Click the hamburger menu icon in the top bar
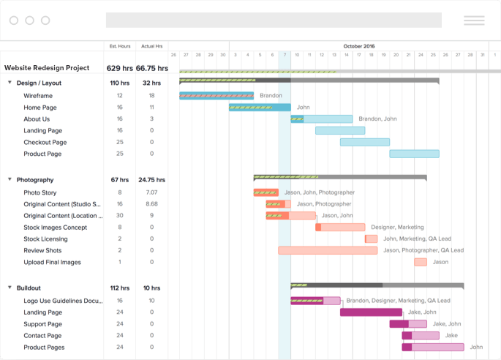tap(474, 20)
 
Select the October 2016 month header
tap(358, 46)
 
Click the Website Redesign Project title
tap(47, 68)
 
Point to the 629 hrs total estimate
tap(119, 68)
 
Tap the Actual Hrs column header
tap(152, 46)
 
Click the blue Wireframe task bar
tap(216, 95)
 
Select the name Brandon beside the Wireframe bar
tap(271, 95)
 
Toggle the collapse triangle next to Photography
tap(10, 179)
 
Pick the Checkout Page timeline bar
tap(364, 142)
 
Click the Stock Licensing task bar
tap(371, 239)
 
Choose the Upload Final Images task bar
tap(421, 262)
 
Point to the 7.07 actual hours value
tap(151, 192)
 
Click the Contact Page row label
tap(42, 336)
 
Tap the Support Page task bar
tap(408, 324)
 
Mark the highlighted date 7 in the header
tap(285, 55)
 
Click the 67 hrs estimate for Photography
tap(119, 179)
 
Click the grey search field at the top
tap(274, 20)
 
